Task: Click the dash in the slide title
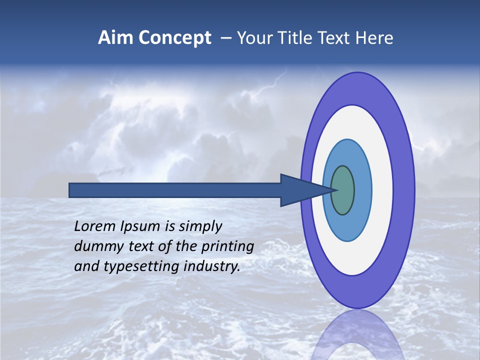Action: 225,38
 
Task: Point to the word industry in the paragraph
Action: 211,266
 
